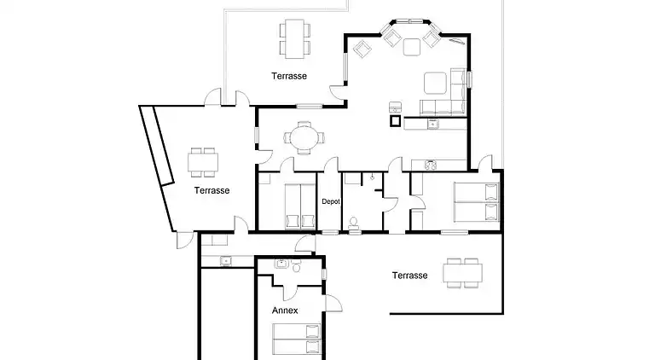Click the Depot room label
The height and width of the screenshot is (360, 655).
pos(331,201)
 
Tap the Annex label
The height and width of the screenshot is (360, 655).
pos(285,311)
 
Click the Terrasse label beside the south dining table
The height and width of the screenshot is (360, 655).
pos(409,276)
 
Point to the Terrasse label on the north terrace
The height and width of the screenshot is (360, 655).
pos(289,76)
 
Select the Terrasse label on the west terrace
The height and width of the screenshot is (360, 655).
pos(212,190)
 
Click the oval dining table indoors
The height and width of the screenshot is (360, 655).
pos(304,138)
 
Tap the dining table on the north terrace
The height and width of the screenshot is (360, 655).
pos(295,38)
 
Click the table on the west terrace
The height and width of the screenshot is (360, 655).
pos(203,162)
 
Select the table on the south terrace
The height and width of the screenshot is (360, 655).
pos(463,273)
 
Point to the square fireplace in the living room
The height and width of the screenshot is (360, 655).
pos(395,121)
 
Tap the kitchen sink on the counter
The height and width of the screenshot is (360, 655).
pos(432,124)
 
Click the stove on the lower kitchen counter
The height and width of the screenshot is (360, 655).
pos(431,165)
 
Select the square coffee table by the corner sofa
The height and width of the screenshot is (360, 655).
pos(435,83)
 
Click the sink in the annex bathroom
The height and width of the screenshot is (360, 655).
pos(281,264)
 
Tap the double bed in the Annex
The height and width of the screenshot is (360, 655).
pos(297,339)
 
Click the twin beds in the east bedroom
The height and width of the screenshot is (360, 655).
pos(477,202)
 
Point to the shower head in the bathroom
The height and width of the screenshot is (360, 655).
pos(372,177)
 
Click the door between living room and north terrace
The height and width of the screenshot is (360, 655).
pos(338,91)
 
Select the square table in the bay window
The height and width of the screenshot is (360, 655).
pos(411,47)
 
